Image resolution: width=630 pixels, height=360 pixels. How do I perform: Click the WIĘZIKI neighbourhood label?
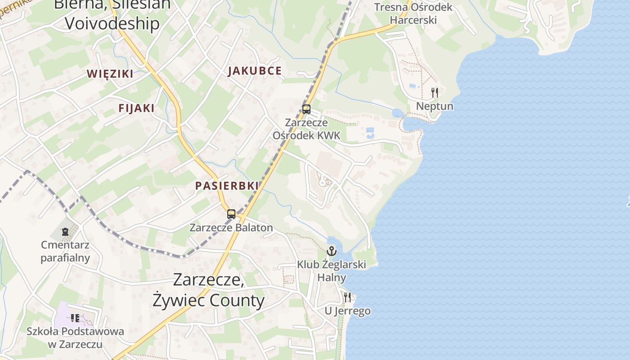tap(110, 74)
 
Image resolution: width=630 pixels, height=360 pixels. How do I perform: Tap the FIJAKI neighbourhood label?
tap(136, 108)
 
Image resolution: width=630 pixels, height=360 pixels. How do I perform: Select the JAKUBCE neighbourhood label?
tap(255, 71)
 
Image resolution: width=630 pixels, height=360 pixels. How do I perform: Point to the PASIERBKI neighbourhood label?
tap(227, 185)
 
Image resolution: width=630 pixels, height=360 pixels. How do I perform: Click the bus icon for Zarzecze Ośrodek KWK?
tap(306, 109)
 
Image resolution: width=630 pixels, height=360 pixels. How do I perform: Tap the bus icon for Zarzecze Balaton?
tap(231, 214)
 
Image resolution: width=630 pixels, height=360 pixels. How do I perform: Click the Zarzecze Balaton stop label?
tap(231, 227)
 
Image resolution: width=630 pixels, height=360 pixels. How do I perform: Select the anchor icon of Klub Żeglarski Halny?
tap(332, 251)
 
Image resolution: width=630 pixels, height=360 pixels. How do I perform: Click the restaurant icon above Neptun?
tap(434, 93)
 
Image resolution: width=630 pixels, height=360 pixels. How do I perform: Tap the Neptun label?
tap(434, 106)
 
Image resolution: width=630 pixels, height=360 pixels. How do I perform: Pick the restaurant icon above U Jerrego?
tap(347, 297)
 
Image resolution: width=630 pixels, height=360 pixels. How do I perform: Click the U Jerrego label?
tap(347, 311)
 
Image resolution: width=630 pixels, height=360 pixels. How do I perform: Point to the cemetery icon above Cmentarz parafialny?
tap(65, 232)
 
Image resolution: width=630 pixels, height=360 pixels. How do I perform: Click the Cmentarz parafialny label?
tap(65, 252)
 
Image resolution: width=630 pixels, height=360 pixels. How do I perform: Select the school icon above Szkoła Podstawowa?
tap(75, 318)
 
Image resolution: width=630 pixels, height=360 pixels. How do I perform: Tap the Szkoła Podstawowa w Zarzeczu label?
tap(75, 338)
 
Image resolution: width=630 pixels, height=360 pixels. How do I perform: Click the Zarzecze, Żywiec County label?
tap(208, 290)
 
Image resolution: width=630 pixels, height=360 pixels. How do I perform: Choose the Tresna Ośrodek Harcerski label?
tap(413, 13)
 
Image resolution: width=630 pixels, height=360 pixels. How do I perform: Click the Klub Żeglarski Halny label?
tap(332, 271)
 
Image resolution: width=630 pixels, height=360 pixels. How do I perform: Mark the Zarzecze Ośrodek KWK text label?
tap(306, 129)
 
